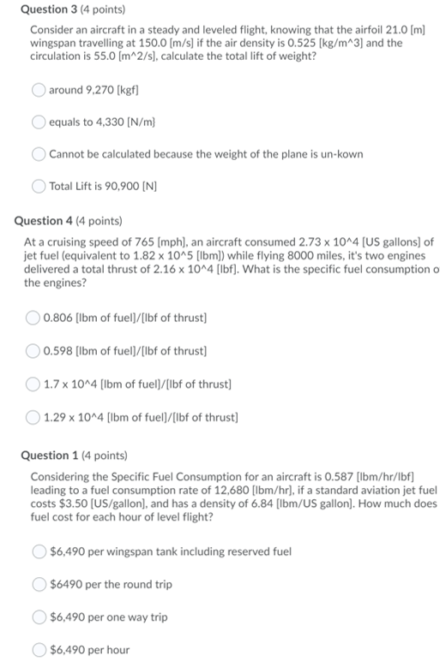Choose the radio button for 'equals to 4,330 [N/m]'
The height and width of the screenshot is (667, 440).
pyautogui.click(x=39, y=122)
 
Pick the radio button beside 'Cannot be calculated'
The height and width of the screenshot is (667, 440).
pyautogui.click(x=39, y=154)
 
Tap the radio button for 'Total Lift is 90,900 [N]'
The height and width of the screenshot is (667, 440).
pyautogui.click(x=39, y=186)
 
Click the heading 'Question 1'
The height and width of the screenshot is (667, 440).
pyautogui.click(x=61, y=455)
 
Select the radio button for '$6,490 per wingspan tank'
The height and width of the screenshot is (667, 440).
pyautogui.click(x=40, y=551)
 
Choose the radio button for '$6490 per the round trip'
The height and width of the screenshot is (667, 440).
pyautogui.click(x=40, y=584)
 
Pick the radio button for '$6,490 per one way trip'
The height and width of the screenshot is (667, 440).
pyautogui.click(x=40, y=616)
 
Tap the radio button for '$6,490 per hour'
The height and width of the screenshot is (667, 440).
pyautogui.click(x=40, y=649)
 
